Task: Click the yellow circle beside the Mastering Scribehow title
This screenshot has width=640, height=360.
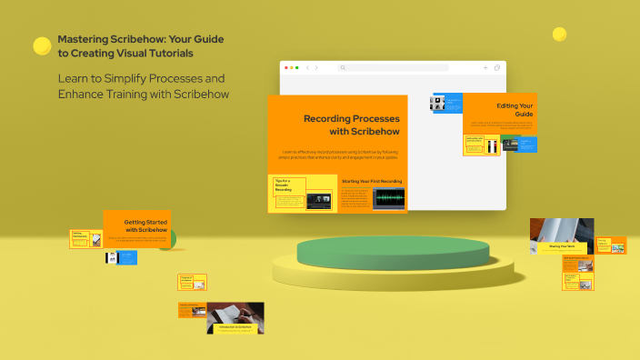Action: coord(42,45)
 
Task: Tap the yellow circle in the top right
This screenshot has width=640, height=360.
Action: coord(559,35)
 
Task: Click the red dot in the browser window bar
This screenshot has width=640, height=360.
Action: coord(286,68)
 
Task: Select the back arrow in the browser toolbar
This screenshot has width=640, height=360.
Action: coord(307,68)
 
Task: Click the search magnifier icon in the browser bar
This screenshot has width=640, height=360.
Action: coord(343,68)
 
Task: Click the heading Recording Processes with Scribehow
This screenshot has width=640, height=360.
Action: coord(351,125)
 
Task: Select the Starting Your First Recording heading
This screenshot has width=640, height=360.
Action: coord(371,181)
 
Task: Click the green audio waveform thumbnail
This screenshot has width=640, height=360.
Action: coord(388,198)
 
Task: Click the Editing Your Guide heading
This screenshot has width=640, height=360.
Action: coord(515,111)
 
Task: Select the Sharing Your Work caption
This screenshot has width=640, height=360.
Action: coord(562,246)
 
